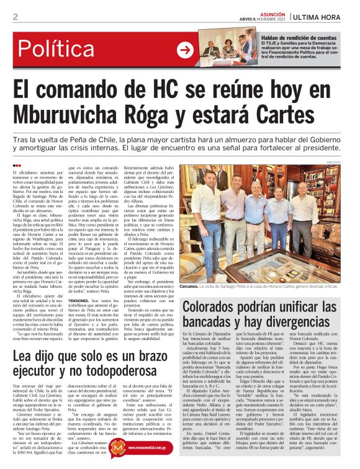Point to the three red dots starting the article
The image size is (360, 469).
[x=17, y=166]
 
